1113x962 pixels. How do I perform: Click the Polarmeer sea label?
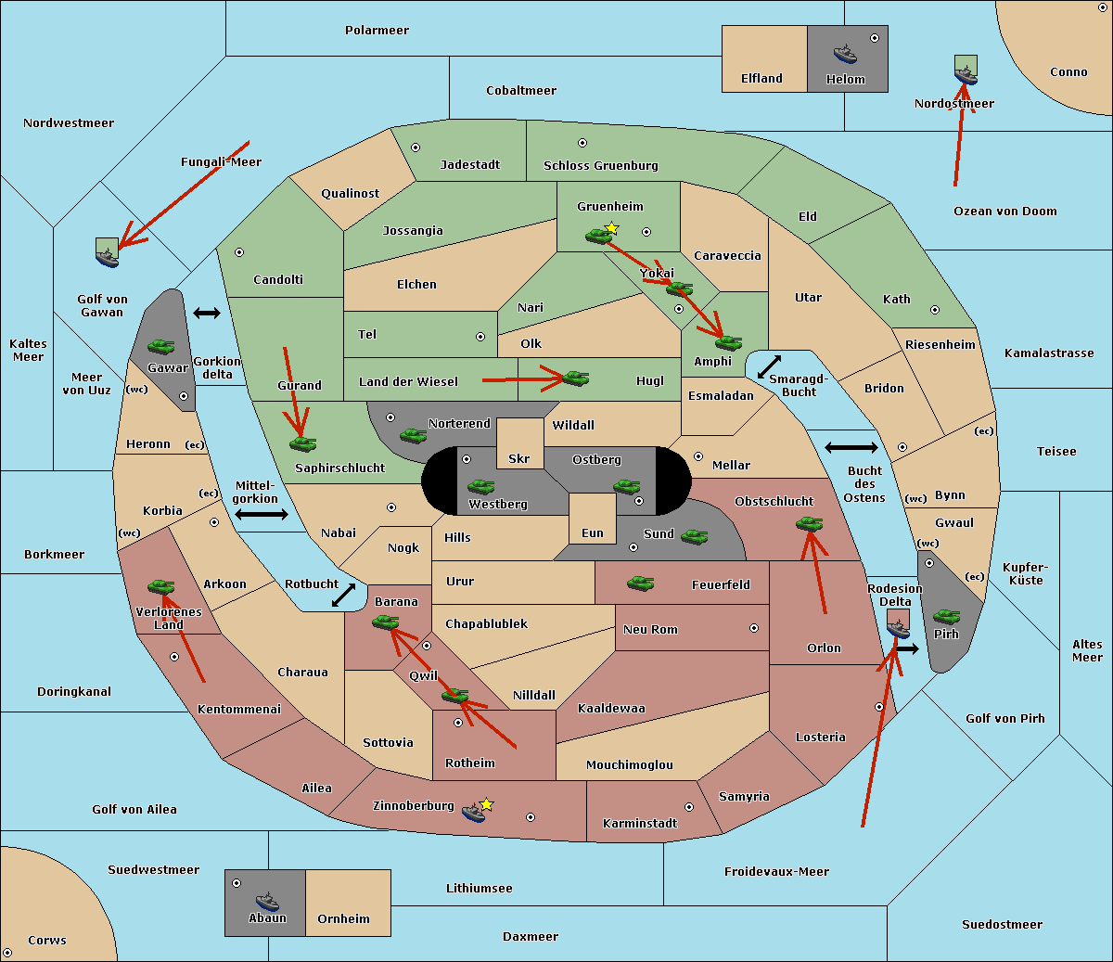click(377, 31)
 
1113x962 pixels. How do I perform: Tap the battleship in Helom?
click(845, 54)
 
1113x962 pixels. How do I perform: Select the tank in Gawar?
click(161, 347)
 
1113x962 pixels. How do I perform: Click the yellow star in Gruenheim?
click(611, 228)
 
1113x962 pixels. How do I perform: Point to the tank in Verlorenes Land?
click(161, 587)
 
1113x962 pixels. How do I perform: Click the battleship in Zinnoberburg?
click(474, 813)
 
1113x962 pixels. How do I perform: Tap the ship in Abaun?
click(267, 902)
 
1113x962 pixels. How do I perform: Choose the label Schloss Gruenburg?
click(600, 166)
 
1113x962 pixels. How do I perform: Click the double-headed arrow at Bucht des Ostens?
click(851, 448)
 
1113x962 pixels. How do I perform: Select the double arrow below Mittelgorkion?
click(262, 515)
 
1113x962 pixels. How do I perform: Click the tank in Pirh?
click(946, 617)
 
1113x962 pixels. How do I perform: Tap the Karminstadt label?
click(640, 824)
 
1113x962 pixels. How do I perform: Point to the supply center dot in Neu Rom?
click(754, 628)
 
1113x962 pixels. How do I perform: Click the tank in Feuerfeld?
click(641, 584)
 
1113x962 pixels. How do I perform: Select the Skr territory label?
click(518, 459)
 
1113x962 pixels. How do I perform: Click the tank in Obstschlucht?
click(809, 524)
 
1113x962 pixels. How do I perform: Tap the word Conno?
click(1068, 72)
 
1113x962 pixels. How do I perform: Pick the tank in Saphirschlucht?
click(302, 444)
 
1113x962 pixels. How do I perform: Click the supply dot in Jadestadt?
click(416, 148)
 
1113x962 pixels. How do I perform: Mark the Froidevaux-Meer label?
click(776, 872)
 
